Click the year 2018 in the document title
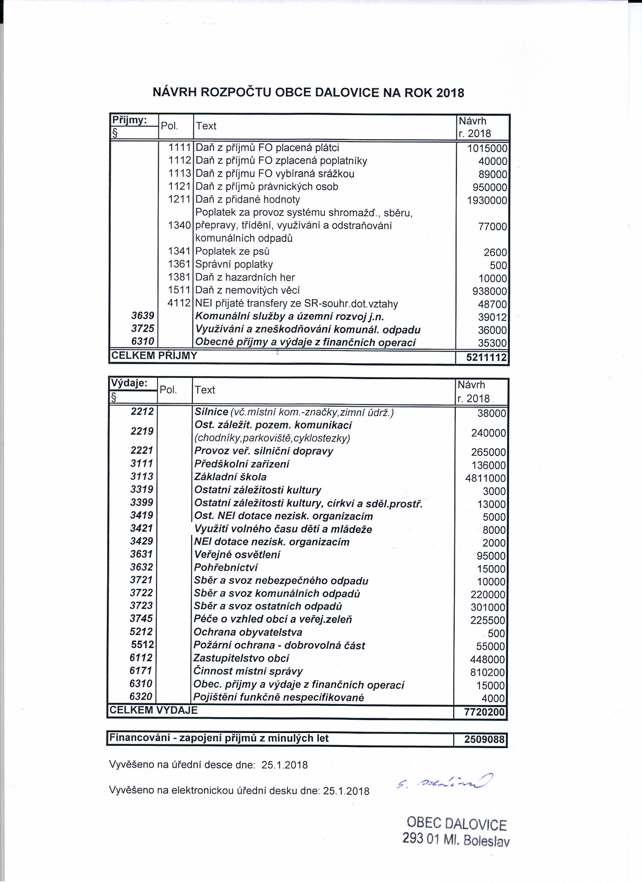click(450, 93)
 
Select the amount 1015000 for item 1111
click(488, 149)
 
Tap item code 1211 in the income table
click(179, 200)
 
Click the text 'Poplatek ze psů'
click(232, 252)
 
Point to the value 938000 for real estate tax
click(490, 292)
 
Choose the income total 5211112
click(486, 357)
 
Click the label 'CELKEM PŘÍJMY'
click(154, 356)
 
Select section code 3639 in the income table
click(142, 316)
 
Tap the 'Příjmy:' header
click(129, 120)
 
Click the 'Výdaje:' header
click(129, 383)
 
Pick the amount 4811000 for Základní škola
click(486, 478)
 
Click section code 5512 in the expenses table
click(142, 645)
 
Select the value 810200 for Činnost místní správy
click(488, 672)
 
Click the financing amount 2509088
click(484, 739)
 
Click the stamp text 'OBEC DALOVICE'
click(457, 824)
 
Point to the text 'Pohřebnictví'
click(226, 568)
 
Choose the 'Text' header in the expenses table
click(205, 390)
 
